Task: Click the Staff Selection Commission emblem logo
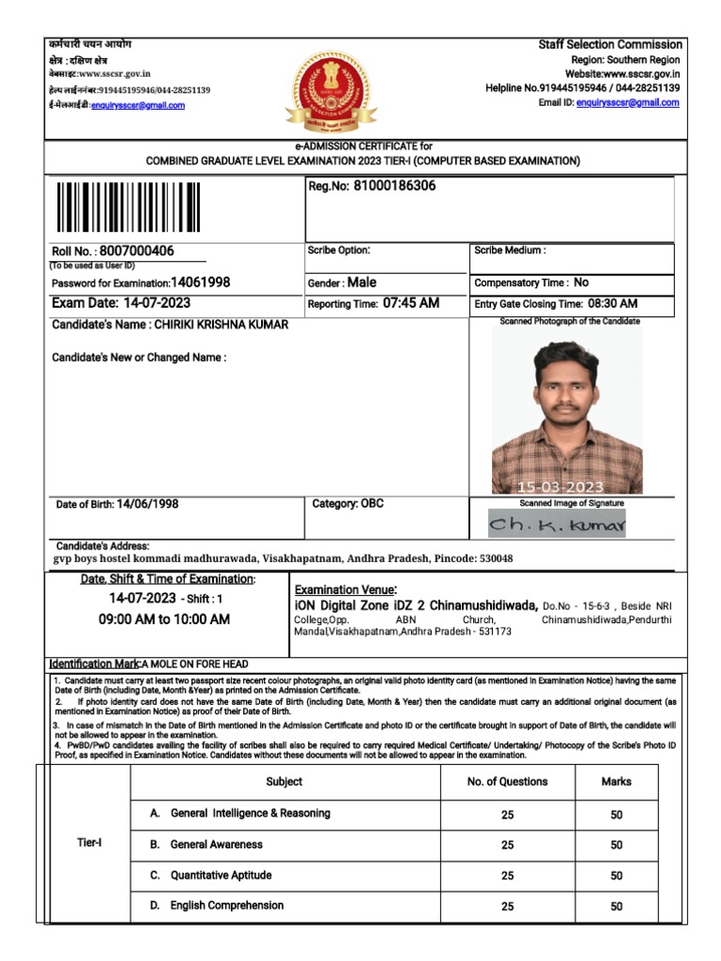(x=341, y=92)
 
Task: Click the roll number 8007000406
(x=137, y=252)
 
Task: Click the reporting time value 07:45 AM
(x=411, y=303)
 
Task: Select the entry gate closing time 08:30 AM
(x=613, y=303)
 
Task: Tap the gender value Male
(x=362, y=282)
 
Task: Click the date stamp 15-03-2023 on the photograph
(x=560, y=487)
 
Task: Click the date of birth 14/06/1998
(x=147, y=504)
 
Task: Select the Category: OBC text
(x=347, y=504)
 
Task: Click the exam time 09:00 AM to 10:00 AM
(x=164, y=619)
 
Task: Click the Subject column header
(x=284, y=782)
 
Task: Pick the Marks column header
(x=616, y=782)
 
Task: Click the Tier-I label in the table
(x=89, y=842)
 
